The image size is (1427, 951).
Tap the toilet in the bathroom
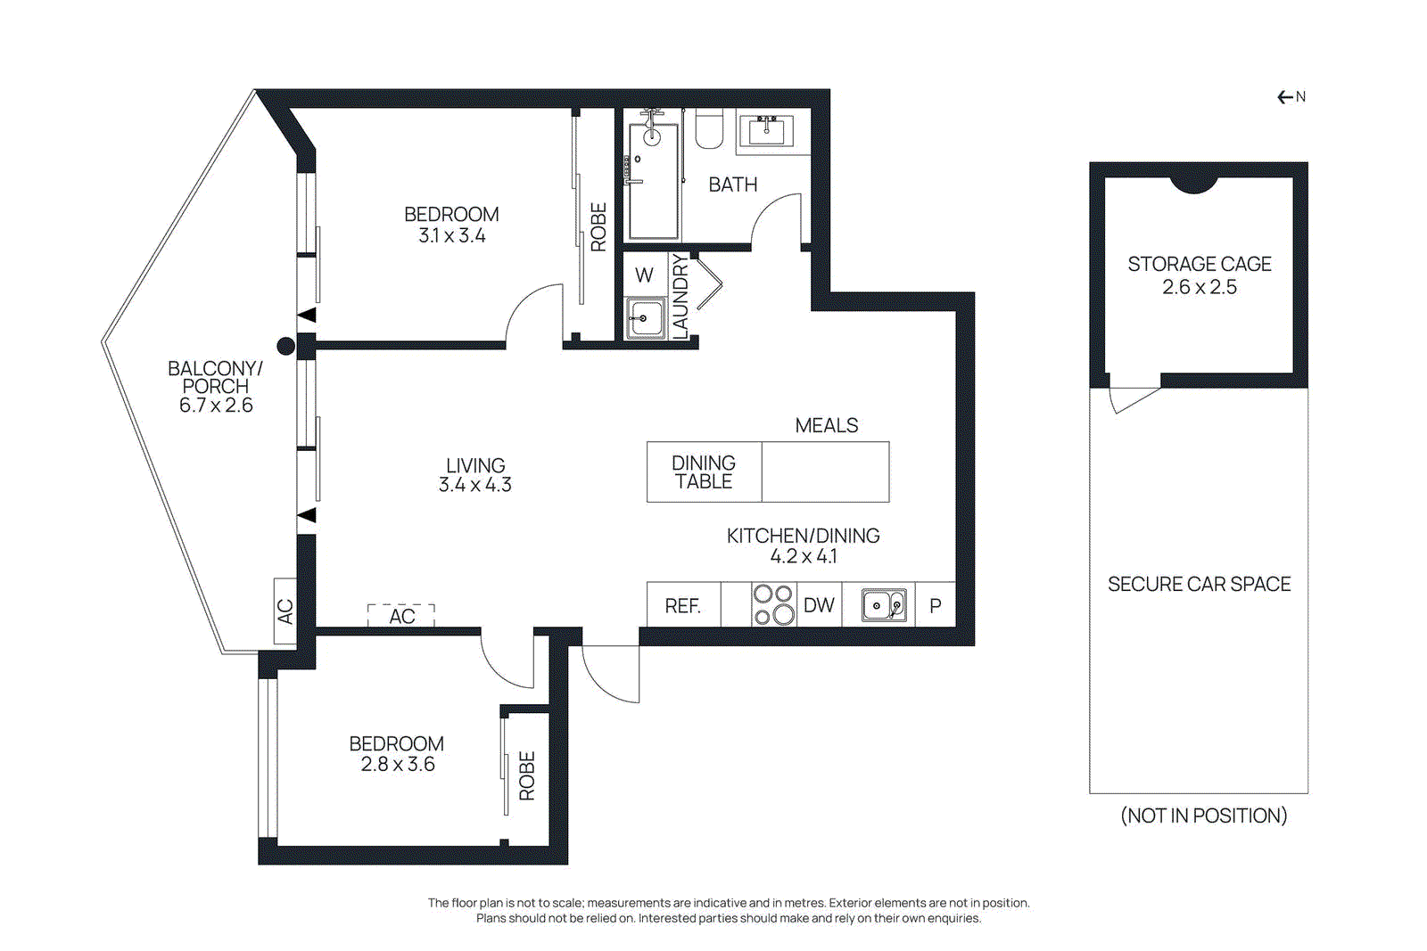coord(709,130)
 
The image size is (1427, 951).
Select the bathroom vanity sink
coord(766,131)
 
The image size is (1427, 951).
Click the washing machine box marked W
coord(645,275)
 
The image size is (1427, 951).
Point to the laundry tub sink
coord(645,318)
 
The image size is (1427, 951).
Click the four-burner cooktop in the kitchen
coord(773,604)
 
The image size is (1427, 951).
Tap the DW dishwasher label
coord(819,605)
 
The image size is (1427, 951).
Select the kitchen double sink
coord(884,605)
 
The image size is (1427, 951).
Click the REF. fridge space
coord(682,606)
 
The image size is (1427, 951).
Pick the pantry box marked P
coord(935,605)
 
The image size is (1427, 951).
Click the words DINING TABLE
coord(704,472)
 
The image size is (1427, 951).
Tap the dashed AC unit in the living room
coord(401,615)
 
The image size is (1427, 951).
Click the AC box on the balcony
coord(285,611)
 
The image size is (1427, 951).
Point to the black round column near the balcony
coord(285,346)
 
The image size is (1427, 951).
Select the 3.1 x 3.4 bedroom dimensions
coord(452,236)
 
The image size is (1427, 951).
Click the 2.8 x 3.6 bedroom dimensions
coord(398,765)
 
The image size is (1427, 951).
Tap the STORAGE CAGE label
coord(1199,264)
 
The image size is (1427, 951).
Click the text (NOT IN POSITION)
coord(1203,816)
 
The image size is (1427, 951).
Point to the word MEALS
coord(826,426)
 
